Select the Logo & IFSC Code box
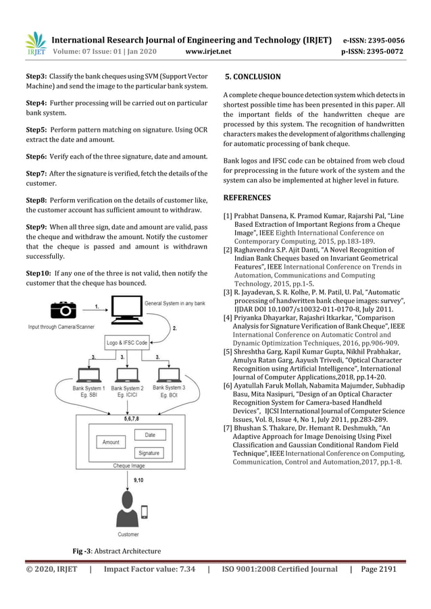pos(127,343)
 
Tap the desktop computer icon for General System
pos(126,311)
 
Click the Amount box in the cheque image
pos(110,442)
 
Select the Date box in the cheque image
pos(150,435)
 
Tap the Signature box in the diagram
pos(150,453)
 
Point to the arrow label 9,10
pos(138,479)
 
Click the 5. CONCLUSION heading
pos(253,77)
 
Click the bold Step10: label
pos(39,272)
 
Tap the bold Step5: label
pos(36,128)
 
